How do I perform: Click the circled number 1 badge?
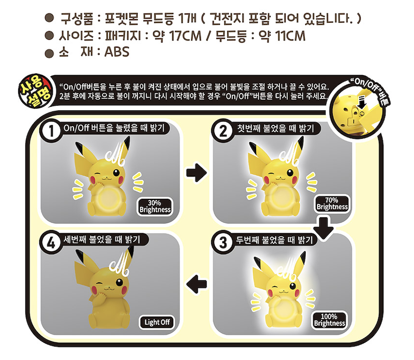(51, 131)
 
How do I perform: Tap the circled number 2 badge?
(223, 131)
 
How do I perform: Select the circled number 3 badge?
(223, 242)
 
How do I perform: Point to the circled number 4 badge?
(51, 242)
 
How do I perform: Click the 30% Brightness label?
(155, 207)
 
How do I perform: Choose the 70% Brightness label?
(332, 204)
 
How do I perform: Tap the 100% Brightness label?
(329, 320)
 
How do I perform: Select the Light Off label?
(157, 322)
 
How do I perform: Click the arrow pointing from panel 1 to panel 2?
(197, 173)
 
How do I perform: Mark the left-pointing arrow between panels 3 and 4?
(197, 284)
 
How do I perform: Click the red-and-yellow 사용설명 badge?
(35, 91)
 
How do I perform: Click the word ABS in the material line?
(117, 52)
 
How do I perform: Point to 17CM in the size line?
(185, 36)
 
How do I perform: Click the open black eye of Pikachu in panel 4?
(120, 282)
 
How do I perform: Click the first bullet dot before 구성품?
(49, 18)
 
